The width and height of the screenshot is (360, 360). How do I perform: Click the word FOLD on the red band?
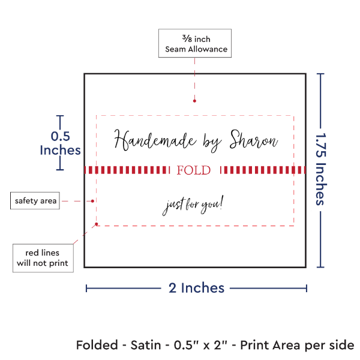pos(194,170)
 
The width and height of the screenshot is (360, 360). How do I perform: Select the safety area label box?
pos(36,200)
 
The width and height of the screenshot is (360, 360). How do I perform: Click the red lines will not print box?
pos(43,257)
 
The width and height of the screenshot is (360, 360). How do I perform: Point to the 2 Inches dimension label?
pos(196,288)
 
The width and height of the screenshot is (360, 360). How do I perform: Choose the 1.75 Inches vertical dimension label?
pos(322,170)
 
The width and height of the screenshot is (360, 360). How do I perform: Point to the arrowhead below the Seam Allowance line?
pos(194,101)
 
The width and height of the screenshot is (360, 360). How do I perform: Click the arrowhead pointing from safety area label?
pos(94,200)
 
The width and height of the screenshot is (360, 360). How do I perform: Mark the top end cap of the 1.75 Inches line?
pos(321,74)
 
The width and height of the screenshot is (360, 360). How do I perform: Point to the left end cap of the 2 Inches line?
pos(87,289)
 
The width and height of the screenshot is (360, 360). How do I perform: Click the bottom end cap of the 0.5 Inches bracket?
pos(59,170)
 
